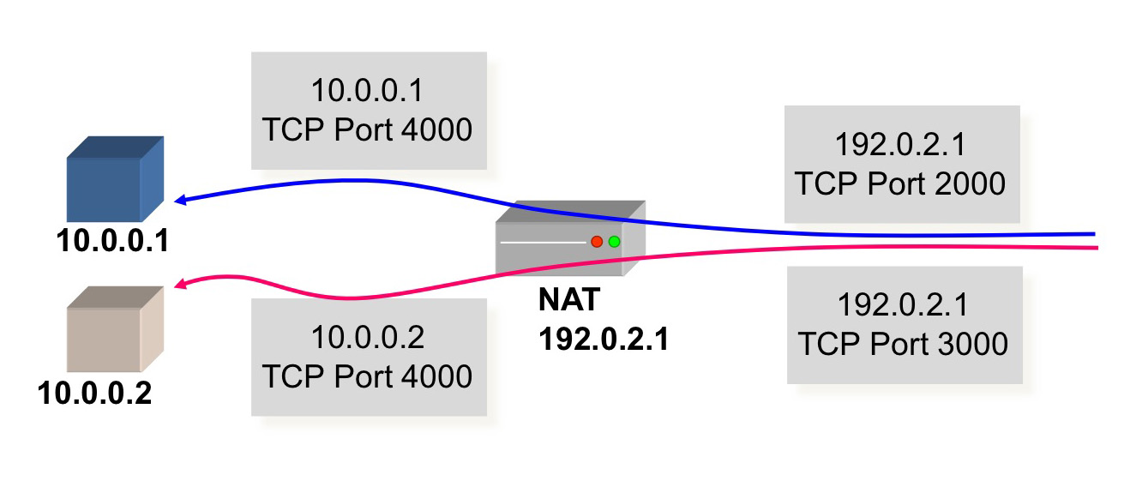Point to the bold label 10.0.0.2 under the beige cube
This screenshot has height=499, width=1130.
pyautogui.click(x=95, y=394)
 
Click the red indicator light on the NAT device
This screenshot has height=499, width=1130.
pyautogui.click(x=597, y=242)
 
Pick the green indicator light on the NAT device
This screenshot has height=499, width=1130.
pyautogui.click(x=614, y=242)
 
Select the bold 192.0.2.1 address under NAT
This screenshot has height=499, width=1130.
pyautogui.click(x=604, y=340)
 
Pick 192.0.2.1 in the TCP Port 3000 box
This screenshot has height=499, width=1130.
pyautogui.click(x=904, y=305)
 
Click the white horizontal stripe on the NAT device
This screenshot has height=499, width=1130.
pyautogui.click(x=543, y=243)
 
